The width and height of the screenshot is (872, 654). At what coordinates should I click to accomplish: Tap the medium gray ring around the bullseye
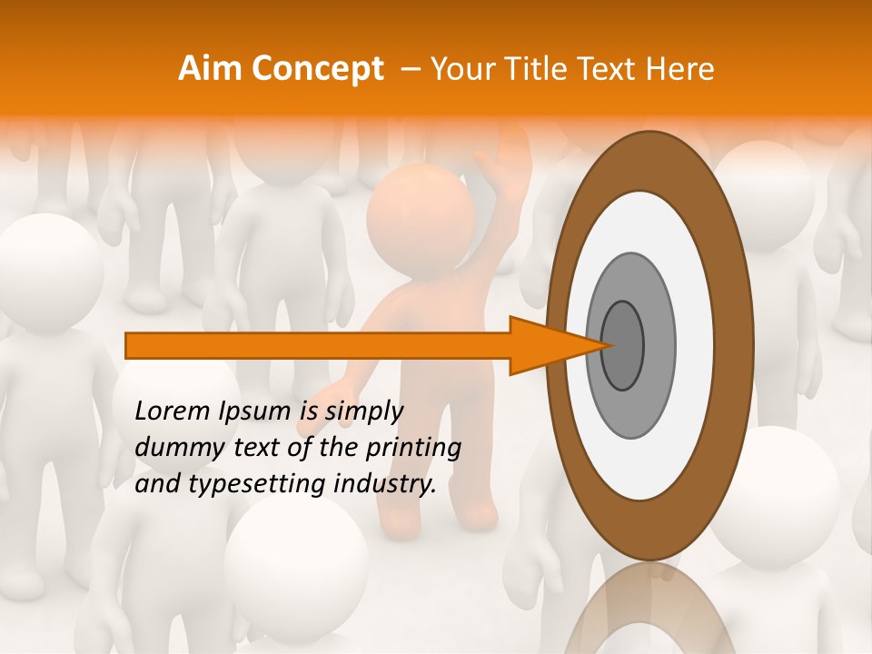(658, 345)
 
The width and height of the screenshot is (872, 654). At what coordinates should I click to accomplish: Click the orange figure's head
(421, 216)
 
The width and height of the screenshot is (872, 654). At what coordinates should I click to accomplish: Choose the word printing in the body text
(414, 449)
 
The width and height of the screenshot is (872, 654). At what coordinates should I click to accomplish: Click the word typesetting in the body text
(248, 485)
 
